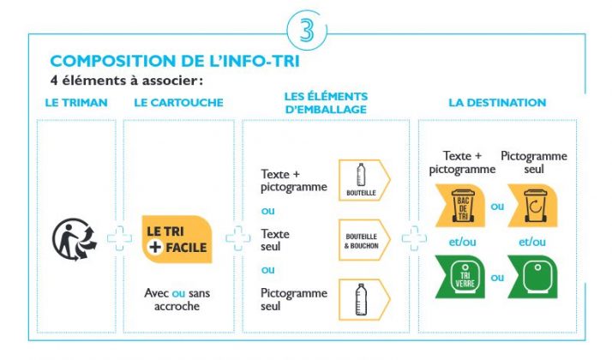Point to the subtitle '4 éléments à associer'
pyautogui.click(x=127, y=81)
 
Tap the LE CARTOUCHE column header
pyautogui.click(x=179, y=103)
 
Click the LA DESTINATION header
pyautogui.click(x=497, y=103)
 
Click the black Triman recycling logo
pyautogui.click(x=75, y=238)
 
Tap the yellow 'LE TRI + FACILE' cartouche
pyautogui.click(x=177, y=239)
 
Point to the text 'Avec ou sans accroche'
pyautogui.click(x=177, y=299)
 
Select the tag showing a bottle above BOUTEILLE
pyautogui.click(x=363, y=180)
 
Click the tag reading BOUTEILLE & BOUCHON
pyautogui.click(x=363, y=239)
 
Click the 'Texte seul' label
pyautogui.click(x=275, y=239)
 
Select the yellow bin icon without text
pyautogui.click(x=534, y=208)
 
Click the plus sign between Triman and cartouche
pyautogui.click(x=118, y=239)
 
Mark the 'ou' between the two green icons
pyautogui.click(x=497, y=278)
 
